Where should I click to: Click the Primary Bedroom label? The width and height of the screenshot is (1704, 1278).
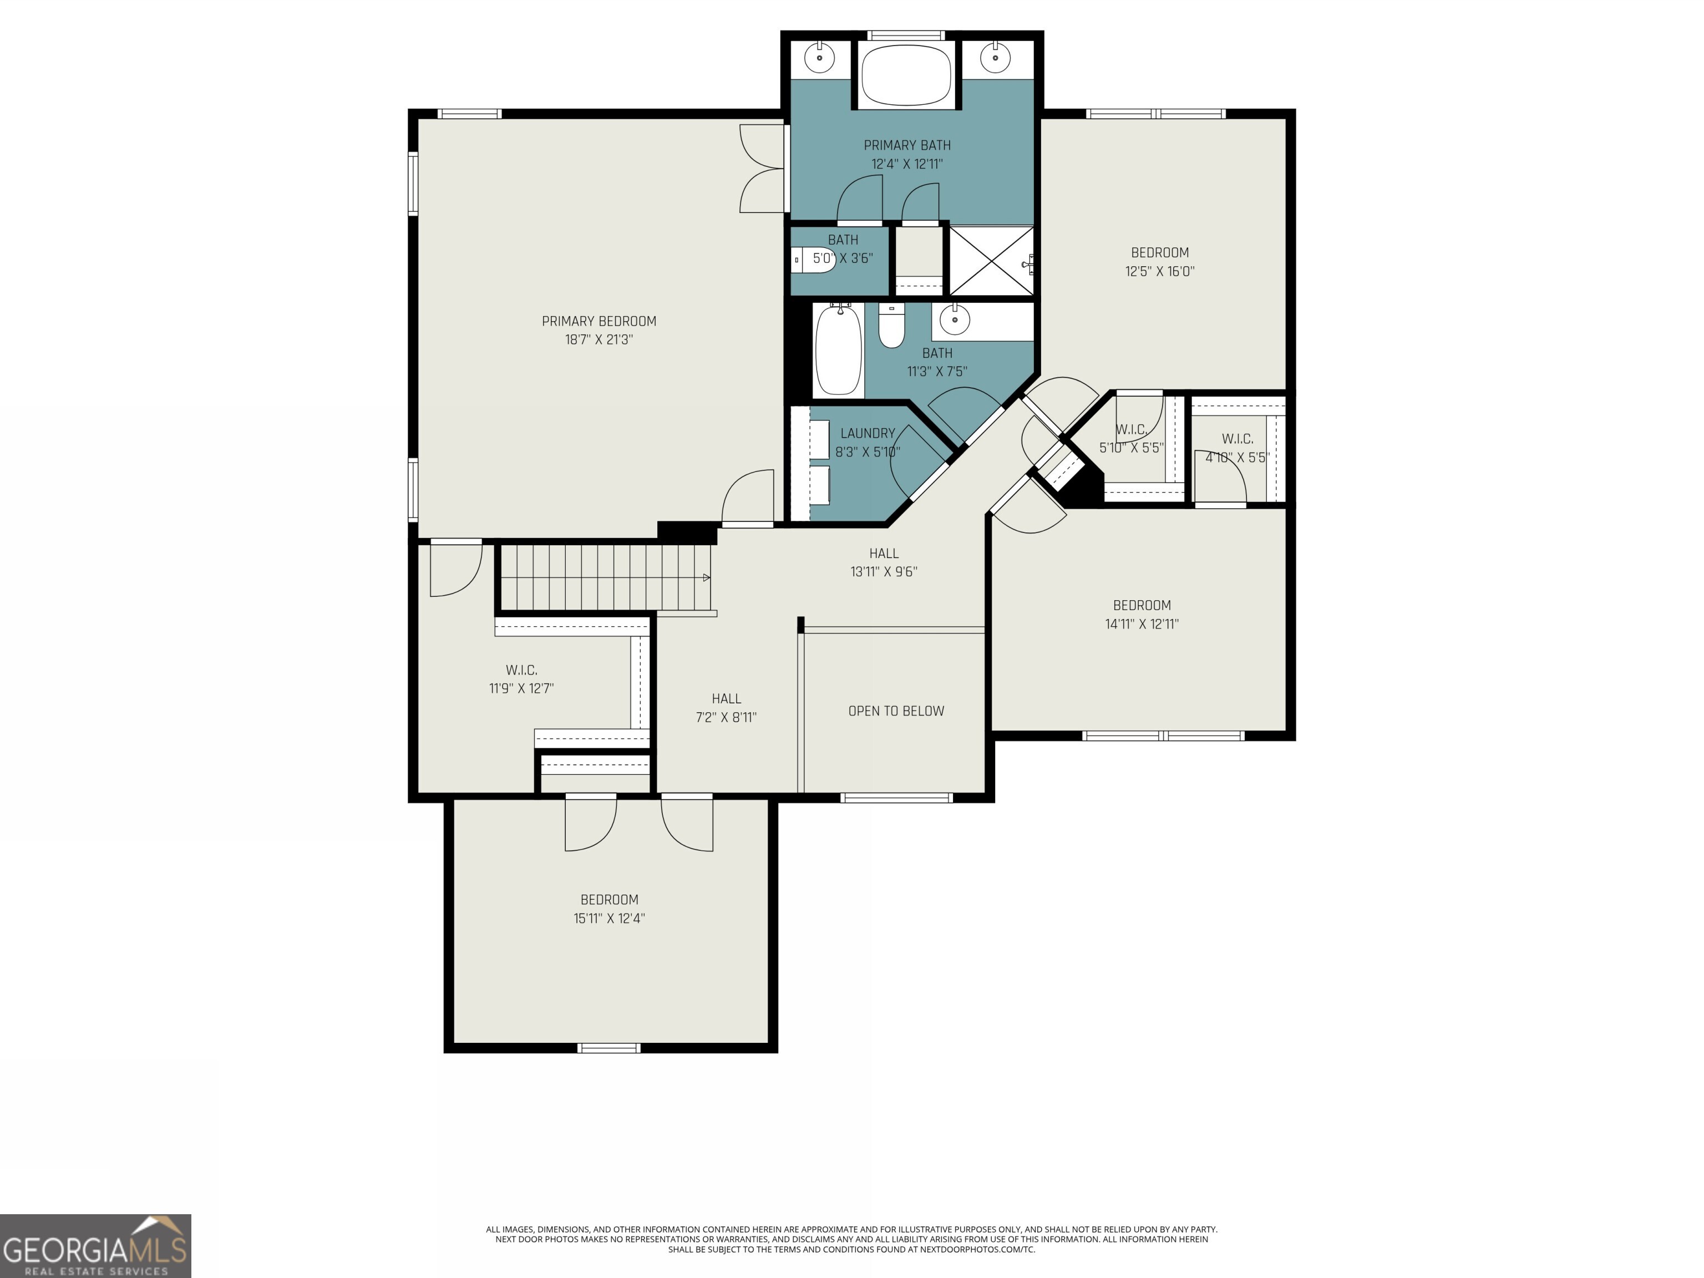[x=599, y=321]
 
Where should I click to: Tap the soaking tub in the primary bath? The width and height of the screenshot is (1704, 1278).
[x=906, y=75]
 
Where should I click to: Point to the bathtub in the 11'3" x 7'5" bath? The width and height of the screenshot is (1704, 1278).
[x=838, y=350]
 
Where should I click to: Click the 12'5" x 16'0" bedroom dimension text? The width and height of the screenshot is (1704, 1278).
[x=1159, y=271]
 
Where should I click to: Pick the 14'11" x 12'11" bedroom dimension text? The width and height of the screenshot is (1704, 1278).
[x=1142, y=624]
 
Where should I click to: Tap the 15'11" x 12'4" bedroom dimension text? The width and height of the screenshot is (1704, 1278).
[x=608, y=918]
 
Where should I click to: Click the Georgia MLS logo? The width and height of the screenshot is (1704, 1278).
[x=95, y=1246]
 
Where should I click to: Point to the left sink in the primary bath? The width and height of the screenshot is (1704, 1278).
[x=820, y=57]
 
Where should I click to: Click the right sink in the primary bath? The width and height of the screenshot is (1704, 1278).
[x=995, y=57]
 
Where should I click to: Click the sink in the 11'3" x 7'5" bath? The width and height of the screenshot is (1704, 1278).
[x=955, y=319]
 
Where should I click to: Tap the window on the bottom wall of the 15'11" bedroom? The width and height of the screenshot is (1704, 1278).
[x=608, y=1048]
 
